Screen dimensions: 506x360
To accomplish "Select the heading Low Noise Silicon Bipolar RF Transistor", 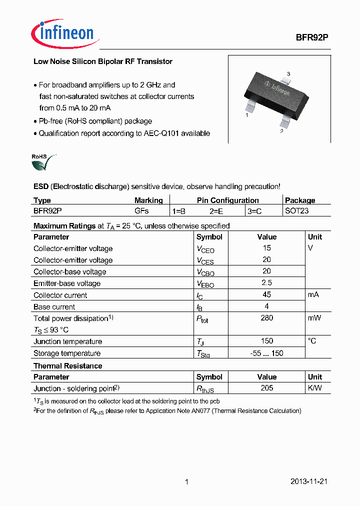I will [x=102, y=61].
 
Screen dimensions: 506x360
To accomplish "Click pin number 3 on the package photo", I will [x=288, y=74].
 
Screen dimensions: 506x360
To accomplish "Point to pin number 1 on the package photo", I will [x=247, y=115].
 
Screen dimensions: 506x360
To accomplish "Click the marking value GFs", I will [x=141, y=211].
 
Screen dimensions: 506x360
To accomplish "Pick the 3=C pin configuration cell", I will [x=254, y=211].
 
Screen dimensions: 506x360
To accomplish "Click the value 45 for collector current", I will [x=266, y=294].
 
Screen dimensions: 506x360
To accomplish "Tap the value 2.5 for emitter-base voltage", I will [x=266, y=283].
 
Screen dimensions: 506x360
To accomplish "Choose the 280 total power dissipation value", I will [x=266, y=318].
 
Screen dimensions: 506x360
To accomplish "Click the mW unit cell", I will [x=314, y=318].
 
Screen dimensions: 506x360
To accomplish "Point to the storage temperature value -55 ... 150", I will [x=266, y=353].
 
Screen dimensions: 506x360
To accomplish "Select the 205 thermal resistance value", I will [x=266, y=388].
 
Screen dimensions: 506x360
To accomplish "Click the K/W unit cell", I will [x=315, y=388].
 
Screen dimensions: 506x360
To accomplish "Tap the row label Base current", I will [x=54, y=307].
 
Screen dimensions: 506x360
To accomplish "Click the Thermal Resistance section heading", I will [x=67, y=365].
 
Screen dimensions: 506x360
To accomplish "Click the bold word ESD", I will [x=41, y=186].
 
